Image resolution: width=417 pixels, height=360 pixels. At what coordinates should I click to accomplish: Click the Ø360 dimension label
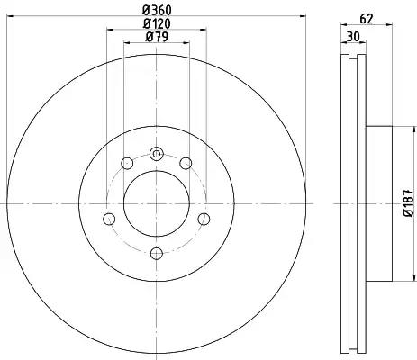[157, 11]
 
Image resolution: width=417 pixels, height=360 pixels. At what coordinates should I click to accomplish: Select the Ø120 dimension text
[157, 23]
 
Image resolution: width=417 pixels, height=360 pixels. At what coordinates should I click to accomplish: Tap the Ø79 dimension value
[157, 37]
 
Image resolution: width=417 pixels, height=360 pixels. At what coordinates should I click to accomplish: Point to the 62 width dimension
[367, 19]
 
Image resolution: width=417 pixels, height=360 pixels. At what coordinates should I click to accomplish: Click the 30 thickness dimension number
[353, 37]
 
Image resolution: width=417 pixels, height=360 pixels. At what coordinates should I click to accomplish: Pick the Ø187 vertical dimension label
[409, 203]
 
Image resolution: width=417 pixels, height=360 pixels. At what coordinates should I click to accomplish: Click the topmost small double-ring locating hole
[157, 154]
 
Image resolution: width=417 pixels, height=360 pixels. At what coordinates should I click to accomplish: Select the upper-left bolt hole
[127, 163]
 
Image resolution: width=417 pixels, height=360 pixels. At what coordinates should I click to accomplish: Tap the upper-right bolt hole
[186, 163]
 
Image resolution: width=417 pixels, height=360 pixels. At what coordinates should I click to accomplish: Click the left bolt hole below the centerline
[109, 219]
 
